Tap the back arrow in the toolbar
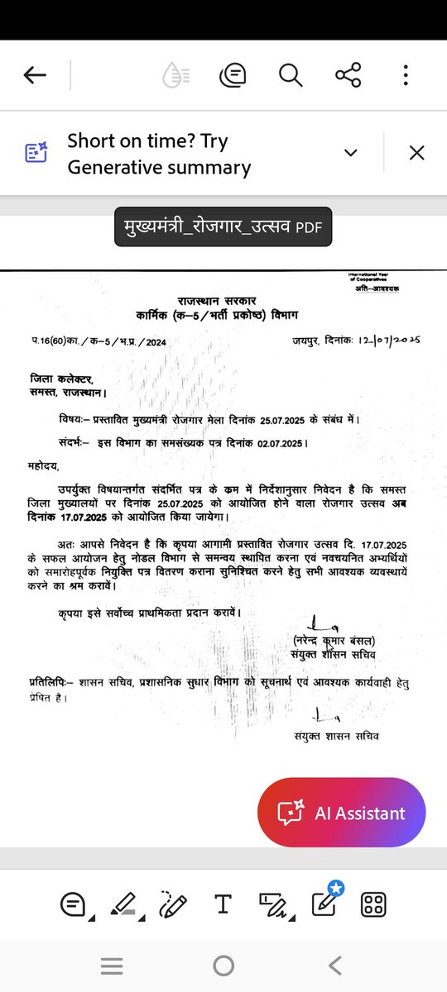(x=35, y=76)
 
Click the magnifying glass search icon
(x=291, y=76)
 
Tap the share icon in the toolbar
(x=348, y=76)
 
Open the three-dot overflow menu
(x=406, y=76)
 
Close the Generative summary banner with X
(x=416, y=153)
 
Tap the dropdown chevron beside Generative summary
(x=351, y=153)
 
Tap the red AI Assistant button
(x=341, y=813)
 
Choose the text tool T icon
(x=222, y=904)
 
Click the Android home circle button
(x=223, y=965)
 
